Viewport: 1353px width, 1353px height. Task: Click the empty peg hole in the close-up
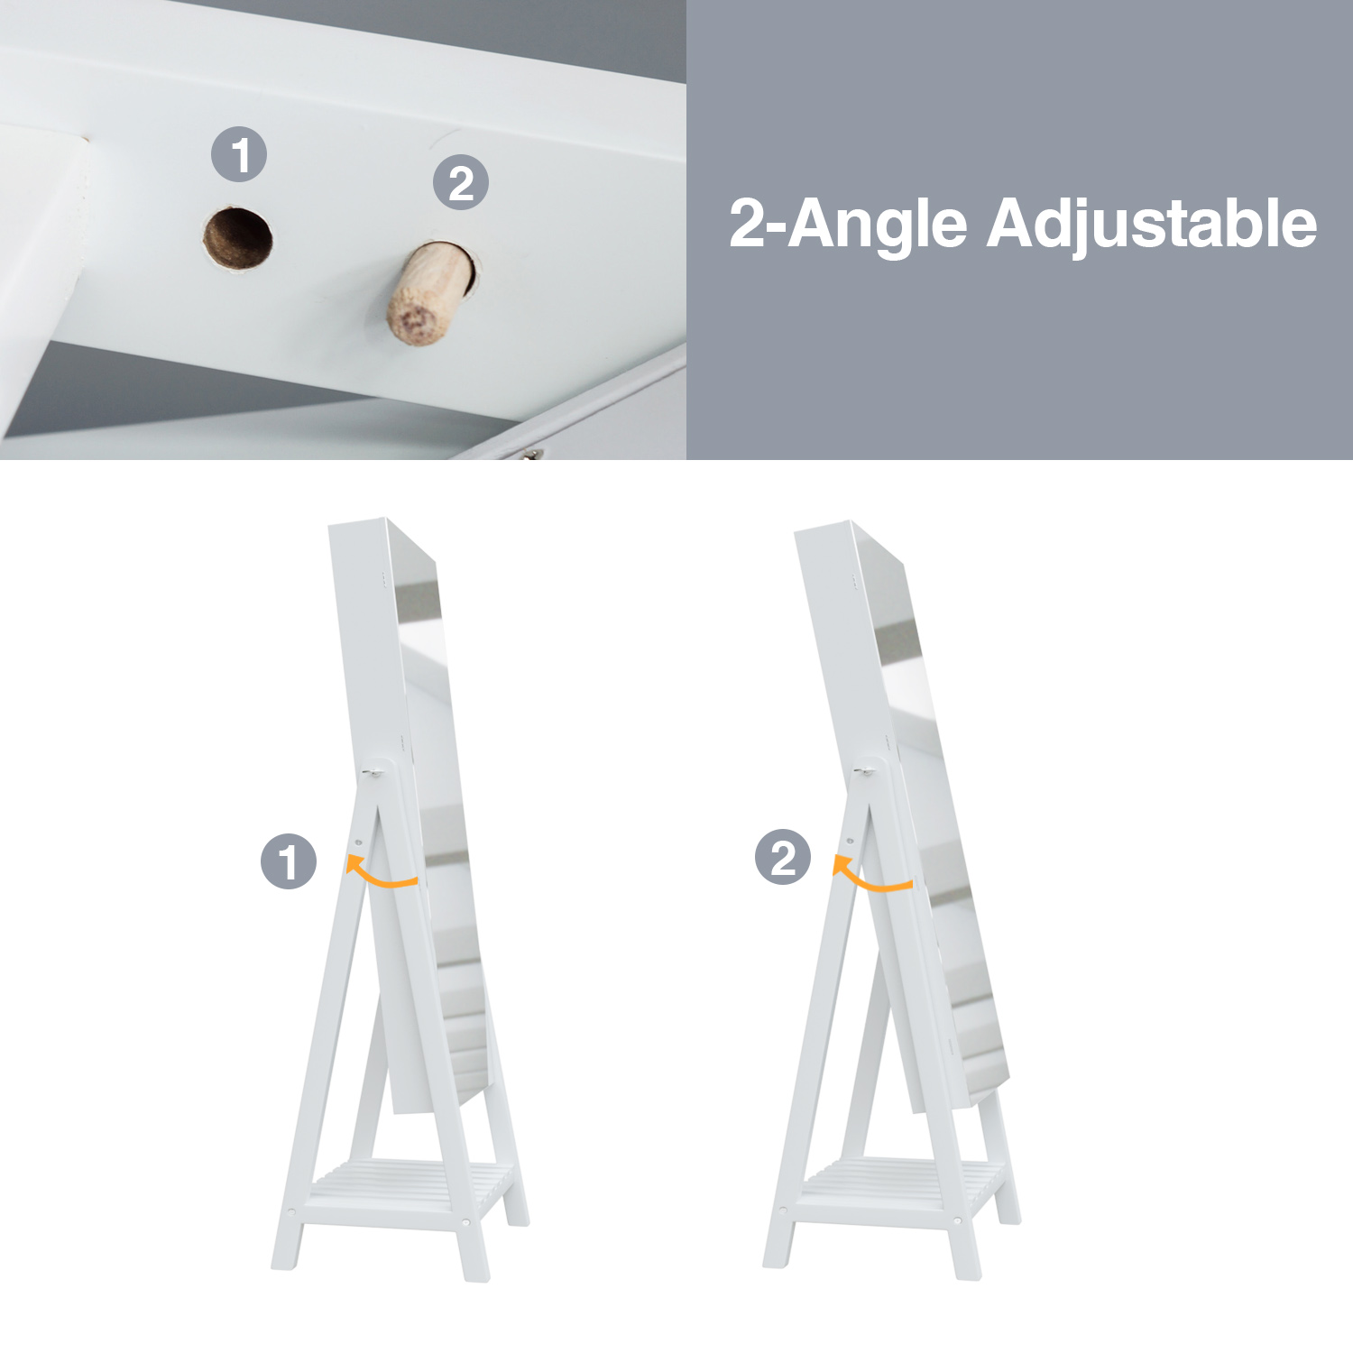237,239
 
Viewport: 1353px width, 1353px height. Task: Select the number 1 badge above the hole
239,154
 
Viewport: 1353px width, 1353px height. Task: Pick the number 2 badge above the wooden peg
461,183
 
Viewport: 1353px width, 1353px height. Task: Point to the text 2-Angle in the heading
848,225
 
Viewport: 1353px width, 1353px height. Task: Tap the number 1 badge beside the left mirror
289,861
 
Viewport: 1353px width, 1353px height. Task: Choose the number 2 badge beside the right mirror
783,857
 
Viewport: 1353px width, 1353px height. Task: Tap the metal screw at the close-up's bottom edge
531,455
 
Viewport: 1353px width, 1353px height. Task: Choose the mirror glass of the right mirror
938,812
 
